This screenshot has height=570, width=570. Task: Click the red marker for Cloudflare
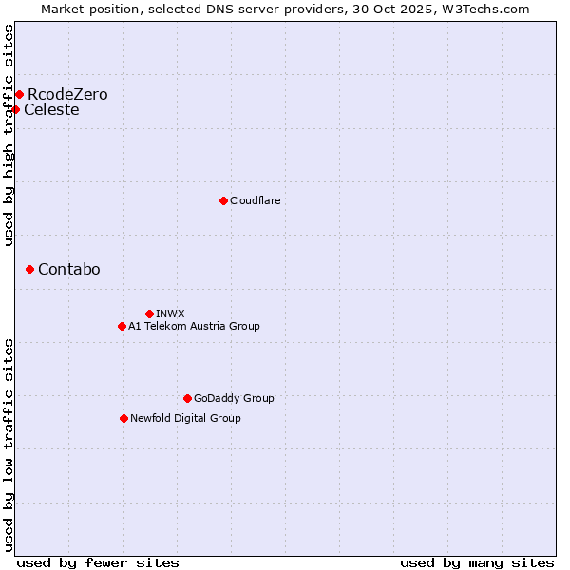(x=223, y=200)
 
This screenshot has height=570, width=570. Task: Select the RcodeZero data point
(x=19, y=94)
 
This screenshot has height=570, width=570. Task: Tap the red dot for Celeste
(x=15, y=109)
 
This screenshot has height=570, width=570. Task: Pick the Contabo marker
(x=29, y=269)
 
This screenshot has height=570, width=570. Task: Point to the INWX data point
(x=149, y=313)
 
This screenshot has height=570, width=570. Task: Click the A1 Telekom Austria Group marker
(x=122, y=326)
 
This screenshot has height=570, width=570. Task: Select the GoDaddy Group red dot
(x=187, y=398)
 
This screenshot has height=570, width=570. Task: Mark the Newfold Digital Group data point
(x=123, y=418)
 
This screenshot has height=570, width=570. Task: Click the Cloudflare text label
(x=255, y=200)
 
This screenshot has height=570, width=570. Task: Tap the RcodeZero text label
(x=67, y=94)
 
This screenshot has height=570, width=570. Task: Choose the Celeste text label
(x=51, y=109)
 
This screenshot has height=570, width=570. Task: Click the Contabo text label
(x=68, y=269)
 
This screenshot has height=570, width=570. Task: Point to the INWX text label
(x=170, y=313)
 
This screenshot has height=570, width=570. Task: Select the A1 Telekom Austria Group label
(x=194, y=326)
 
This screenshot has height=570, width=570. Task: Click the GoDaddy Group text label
(x=234, y=398)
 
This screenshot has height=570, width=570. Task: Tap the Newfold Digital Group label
(x=185, y=418)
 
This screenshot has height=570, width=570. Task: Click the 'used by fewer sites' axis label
(x=98, y=562)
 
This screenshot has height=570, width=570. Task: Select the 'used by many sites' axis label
(x=477, y=562)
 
